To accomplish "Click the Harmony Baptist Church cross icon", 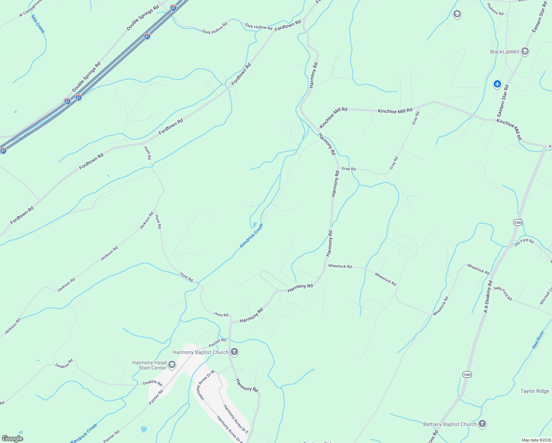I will point(234,352).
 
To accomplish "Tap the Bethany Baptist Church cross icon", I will point(482,424).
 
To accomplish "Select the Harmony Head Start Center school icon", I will point(172,365).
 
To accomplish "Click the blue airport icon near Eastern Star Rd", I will point(497,84).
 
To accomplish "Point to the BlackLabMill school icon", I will point(525,52).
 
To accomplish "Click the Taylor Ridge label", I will point(535,391).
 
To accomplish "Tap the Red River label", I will point(538,340).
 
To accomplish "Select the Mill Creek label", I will point(38,24).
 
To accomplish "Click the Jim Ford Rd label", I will point(524,242).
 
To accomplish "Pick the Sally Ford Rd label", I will point(503,293).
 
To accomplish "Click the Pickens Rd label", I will point(495,10).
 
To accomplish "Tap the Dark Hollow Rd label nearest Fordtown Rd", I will point(258,27).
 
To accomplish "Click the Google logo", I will point(12,439).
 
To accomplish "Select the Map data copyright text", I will point(535,440).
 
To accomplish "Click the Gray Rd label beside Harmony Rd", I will point(348,169).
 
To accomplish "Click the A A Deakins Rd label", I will point(488,297).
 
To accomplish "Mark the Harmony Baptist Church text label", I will point(200,352).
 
